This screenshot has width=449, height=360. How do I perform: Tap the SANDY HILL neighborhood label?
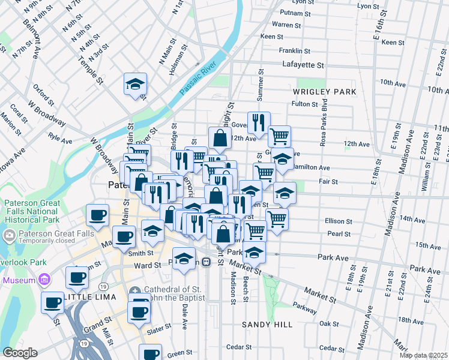(x=267, y=325)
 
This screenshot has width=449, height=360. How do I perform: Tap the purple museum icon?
(x=43, y=280)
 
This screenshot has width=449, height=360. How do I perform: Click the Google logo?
(x=19, y=353)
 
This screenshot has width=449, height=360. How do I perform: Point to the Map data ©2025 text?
(x=423, y=355)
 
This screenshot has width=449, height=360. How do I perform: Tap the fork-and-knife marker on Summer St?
(x=259, y=122)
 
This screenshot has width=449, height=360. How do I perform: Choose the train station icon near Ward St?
(x=206, y=262)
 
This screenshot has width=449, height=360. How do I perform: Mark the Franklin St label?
(x=294, y=51)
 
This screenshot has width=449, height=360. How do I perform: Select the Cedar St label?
(x=238, y=347)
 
